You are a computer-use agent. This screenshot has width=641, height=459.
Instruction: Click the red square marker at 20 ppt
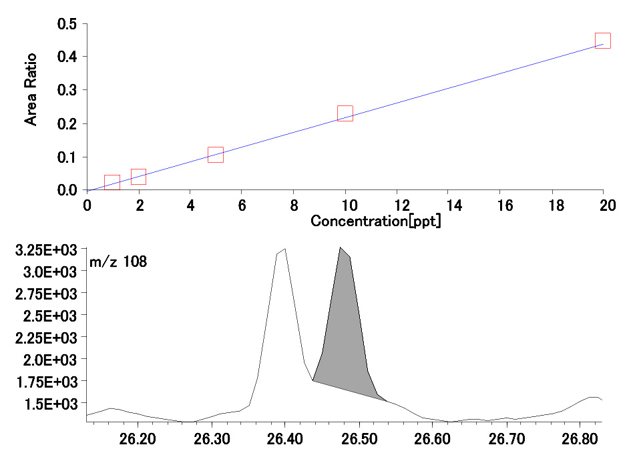603,41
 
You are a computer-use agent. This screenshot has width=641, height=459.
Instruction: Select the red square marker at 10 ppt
345,113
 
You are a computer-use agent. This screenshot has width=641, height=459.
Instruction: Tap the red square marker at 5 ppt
215,155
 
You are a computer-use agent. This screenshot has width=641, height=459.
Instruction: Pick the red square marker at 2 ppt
138,177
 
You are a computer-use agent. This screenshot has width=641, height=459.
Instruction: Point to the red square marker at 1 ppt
112,183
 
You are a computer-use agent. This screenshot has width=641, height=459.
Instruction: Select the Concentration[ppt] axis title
376,221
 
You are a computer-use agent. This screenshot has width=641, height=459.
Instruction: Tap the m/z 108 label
118,262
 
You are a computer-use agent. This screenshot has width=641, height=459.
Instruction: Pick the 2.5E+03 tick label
44,316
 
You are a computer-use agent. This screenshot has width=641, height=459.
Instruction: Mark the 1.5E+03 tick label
44,404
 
